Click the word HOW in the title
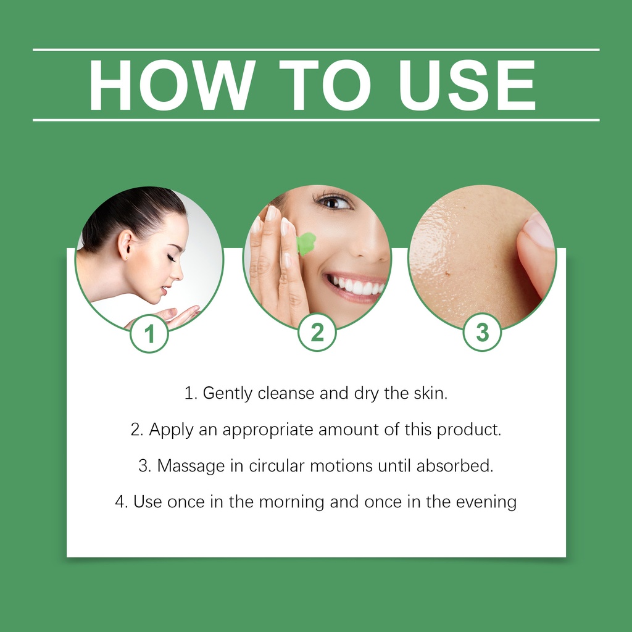click(172, 85)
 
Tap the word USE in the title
click(467, 85)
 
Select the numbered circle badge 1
click(149, 334)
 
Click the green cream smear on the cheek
click(306, 243)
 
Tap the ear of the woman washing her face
click(125, 244)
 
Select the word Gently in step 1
click(227, 393)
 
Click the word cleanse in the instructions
click(286, 393)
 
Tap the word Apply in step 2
click(171, 430)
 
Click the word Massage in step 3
click(191, 466)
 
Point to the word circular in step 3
click(276, 465)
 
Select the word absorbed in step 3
click(455, 465)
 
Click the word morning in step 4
click(292, 502)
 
